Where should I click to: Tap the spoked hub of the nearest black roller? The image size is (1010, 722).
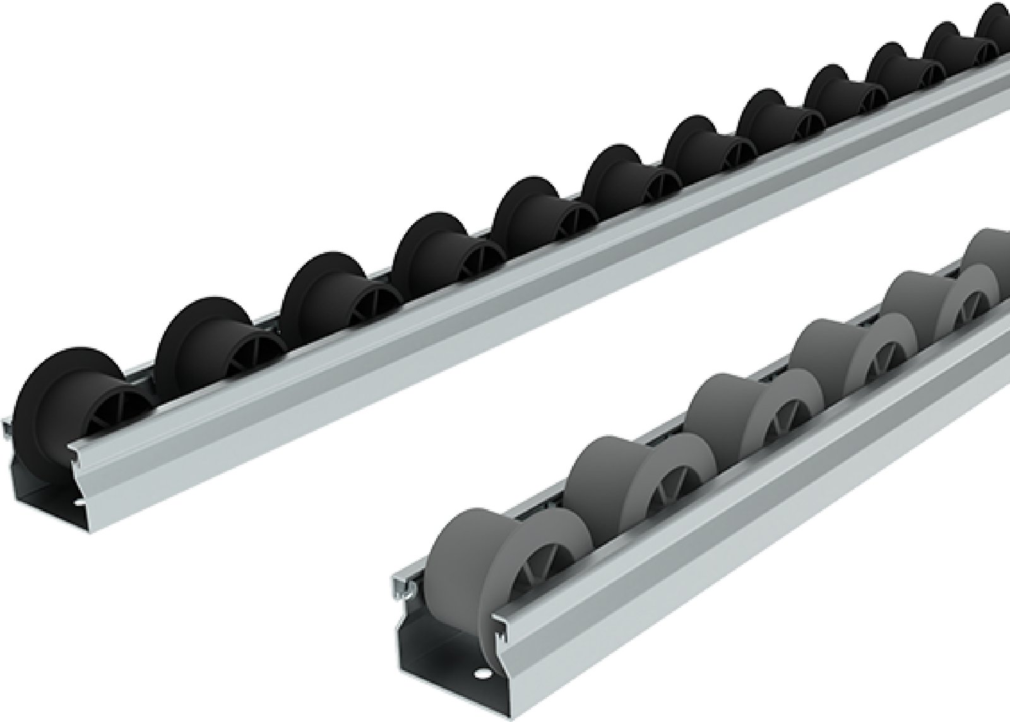107,417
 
